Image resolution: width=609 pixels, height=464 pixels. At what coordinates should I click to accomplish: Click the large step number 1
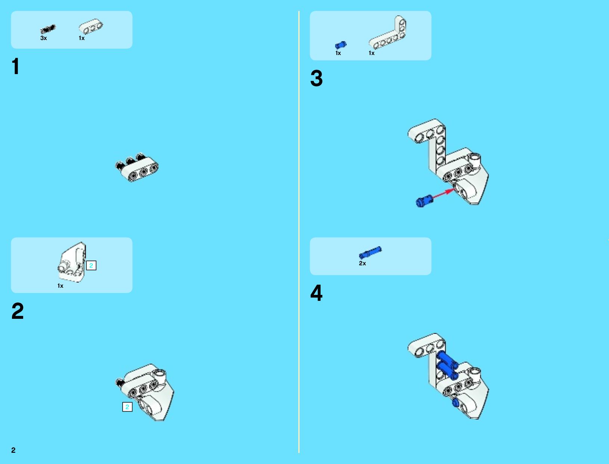(x=16, y=66)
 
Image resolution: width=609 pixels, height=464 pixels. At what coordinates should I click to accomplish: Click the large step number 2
(x=18, y=311)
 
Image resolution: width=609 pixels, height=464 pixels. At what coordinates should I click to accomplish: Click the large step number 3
(x=316, y=78)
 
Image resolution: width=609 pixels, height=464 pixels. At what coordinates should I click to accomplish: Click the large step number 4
(x=316, y=293)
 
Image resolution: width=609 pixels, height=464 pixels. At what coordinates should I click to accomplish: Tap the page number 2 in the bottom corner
(x=13, y=450)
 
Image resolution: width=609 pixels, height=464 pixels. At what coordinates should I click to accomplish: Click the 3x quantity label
(x=44, y=38)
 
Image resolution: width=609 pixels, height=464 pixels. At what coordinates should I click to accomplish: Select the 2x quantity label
(x=362, y=263)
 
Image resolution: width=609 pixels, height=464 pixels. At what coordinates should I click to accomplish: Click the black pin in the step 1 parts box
(x=48, y=29)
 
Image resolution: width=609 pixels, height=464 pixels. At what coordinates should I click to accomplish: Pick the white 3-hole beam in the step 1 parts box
(x=91, y=27)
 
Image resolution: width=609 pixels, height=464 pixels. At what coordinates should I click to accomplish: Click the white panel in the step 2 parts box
(x=72, y=262)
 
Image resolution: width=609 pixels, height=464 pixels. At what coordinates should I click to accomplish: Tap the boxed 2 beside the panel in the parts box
(x=91, y=266)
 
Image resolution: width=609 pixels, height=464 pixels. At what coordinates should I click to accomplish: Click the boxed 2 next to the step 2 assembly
(x=127, y=407)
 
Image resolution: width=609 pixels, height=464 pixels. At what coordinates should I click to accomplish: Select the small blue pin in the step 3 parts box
(x=341, y=45)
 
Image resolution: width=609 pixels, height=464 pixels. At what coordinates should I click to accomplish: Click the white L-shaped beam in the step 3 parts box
(x=387, y=33)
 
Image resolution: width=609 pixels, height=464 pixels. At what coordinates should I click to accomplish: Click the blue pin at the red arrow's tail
(x=424, y=201)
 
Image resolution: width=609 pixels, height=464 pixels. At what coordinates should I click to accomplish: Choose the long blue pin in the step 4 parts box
(x=370, y=253)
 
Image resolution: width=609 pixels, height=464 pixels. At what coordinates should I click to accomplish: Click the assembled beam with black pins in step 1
(x=137, y=167)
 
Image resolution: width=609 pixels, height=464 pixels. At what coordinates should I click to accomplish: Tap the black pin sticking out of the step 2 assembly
(x=120, y=383)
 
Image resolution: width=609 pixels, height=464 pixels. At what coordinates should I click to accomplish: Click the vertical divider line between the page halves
(x=299, y=232)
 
